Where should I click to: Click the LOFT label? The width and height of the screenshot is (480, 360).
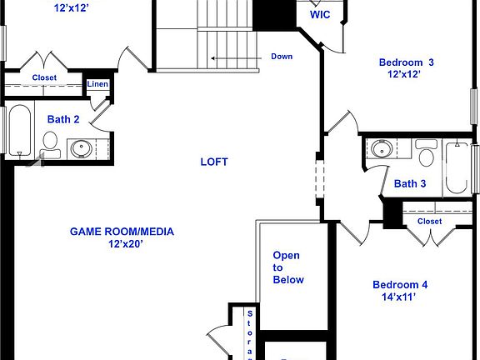[214, 162]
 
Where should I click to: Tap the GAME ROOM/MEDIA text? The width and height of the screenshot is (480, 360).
[122, 232]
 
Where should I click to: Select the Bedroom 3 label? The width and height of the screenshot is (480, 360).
[406, 62]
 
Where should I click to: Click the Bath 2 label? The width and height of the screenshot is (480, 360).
[63, 119]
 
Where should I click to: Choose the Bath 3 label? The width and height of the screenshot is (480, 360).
[410, 184]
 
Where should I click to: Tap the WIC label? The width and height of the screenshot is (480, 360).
[319, 15]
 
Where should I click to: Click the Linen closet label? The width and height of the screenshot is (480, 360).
[97, 84]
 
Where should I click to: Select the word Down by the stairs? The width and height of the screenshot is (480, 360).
[282, 57]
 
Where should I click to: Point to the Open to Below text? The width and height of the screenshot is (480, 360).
[287, 267]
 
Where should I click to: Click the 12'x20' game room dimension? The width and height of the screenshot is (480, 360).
[122, 245]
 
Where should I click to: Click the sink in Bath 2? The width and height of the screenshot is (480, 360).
[81, 149]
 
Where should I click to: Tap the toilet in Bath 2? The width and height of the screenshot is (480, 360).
[50, 143]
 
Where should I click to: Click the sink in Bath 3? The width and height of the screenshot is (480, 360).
[381, 150]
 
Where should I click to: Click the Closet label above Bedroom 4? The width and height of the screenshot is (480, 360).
[429, 222]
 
